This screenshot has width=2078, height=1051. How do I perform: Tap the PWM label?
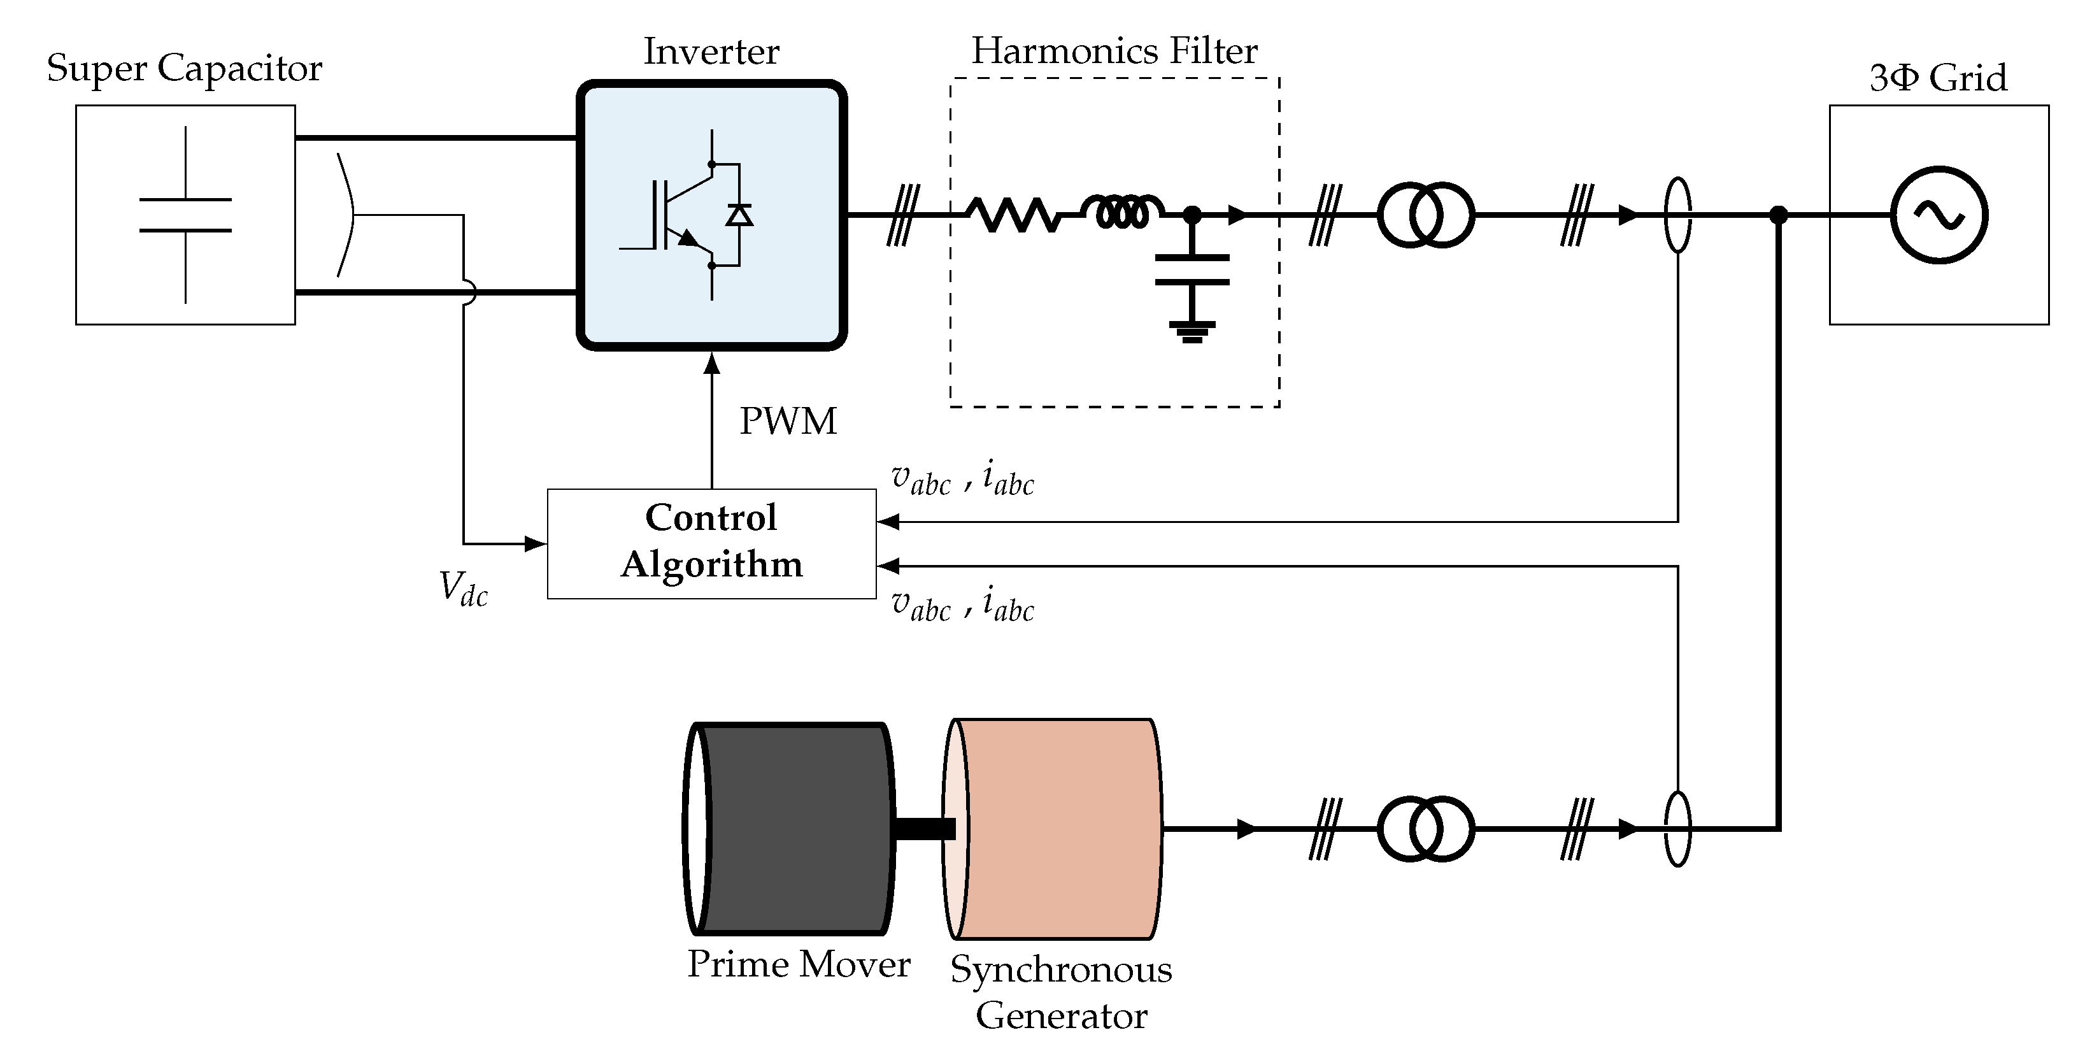[x=788, y=421]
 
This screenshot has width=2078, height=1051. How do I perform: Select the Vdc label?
[x=463, y=588]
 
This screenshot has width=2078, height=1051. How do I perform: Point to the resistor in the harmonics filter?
[x=1014, y=215]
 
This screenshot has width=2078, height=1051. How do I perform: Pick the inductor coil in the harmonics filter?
[x=1121, y=211]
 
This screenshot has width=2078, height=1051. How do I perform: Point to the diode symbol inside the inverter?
[x=739, y=215]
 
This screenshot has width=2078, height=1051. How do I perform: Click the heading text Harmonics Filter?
[x=1114, y=51]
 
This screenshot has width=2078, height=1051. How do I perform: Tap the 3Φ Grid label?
[x=1938, y=78]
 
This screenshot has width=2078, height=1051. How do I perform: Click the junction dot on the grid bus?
[x=1778, y=215]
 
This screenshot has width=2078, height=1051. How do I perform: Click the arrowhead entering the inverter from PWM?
[x=711, y=364]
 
